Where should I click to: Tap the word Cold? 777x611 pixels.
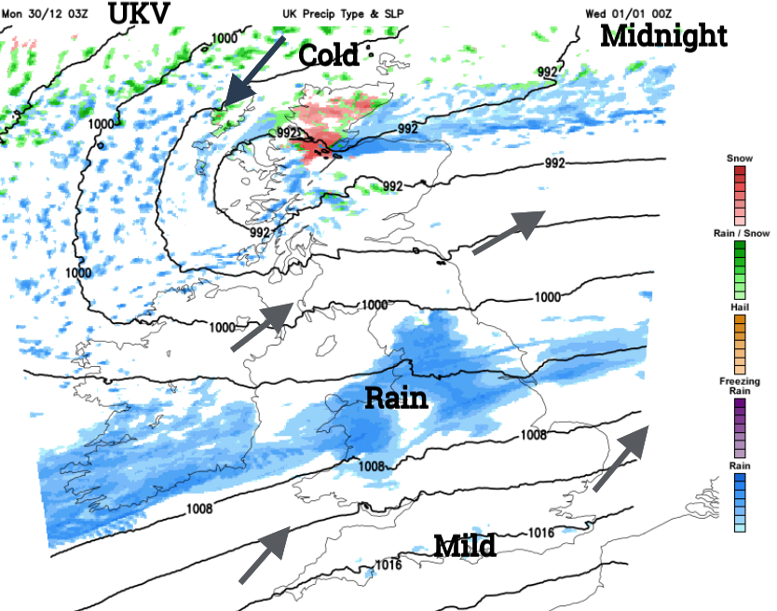(x=328, y=55)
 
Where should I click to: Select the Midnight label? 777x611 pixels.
(x=662, y=36)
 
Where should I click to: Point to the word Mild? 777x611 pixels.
(x=464, y=545)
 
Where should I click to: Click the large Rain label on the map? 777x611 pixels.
(x=395, y=399)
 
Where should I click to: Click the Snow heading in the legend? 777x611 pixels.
(x=739, y=159)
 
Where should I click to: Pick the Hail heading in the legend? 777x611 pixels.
(x=739, y=306)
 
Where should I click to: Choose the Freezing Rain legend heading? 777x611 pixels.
(x=739, y=387)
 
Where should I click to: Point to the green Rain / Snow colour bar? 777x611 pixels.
(x=739, y=266)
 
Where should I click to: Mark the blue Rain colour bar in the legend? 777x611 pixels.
(x=739, y=503)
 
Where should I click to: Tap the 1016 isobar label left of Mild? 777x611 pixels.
(x=388, y=565)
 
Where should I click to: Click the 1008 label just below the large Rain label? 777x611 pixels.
(x=372, y=466)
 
